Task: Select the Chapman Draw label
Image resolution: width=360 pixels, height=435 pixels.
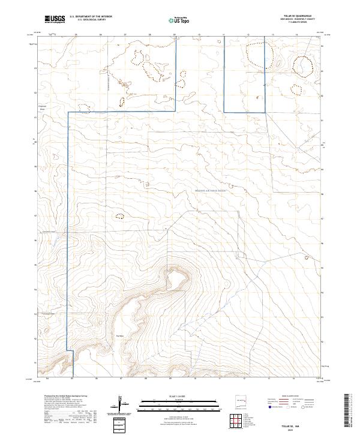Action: (43, 109)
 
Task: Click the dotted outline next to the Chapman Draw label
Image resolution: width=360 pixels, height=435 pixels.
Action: (85, 109)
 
